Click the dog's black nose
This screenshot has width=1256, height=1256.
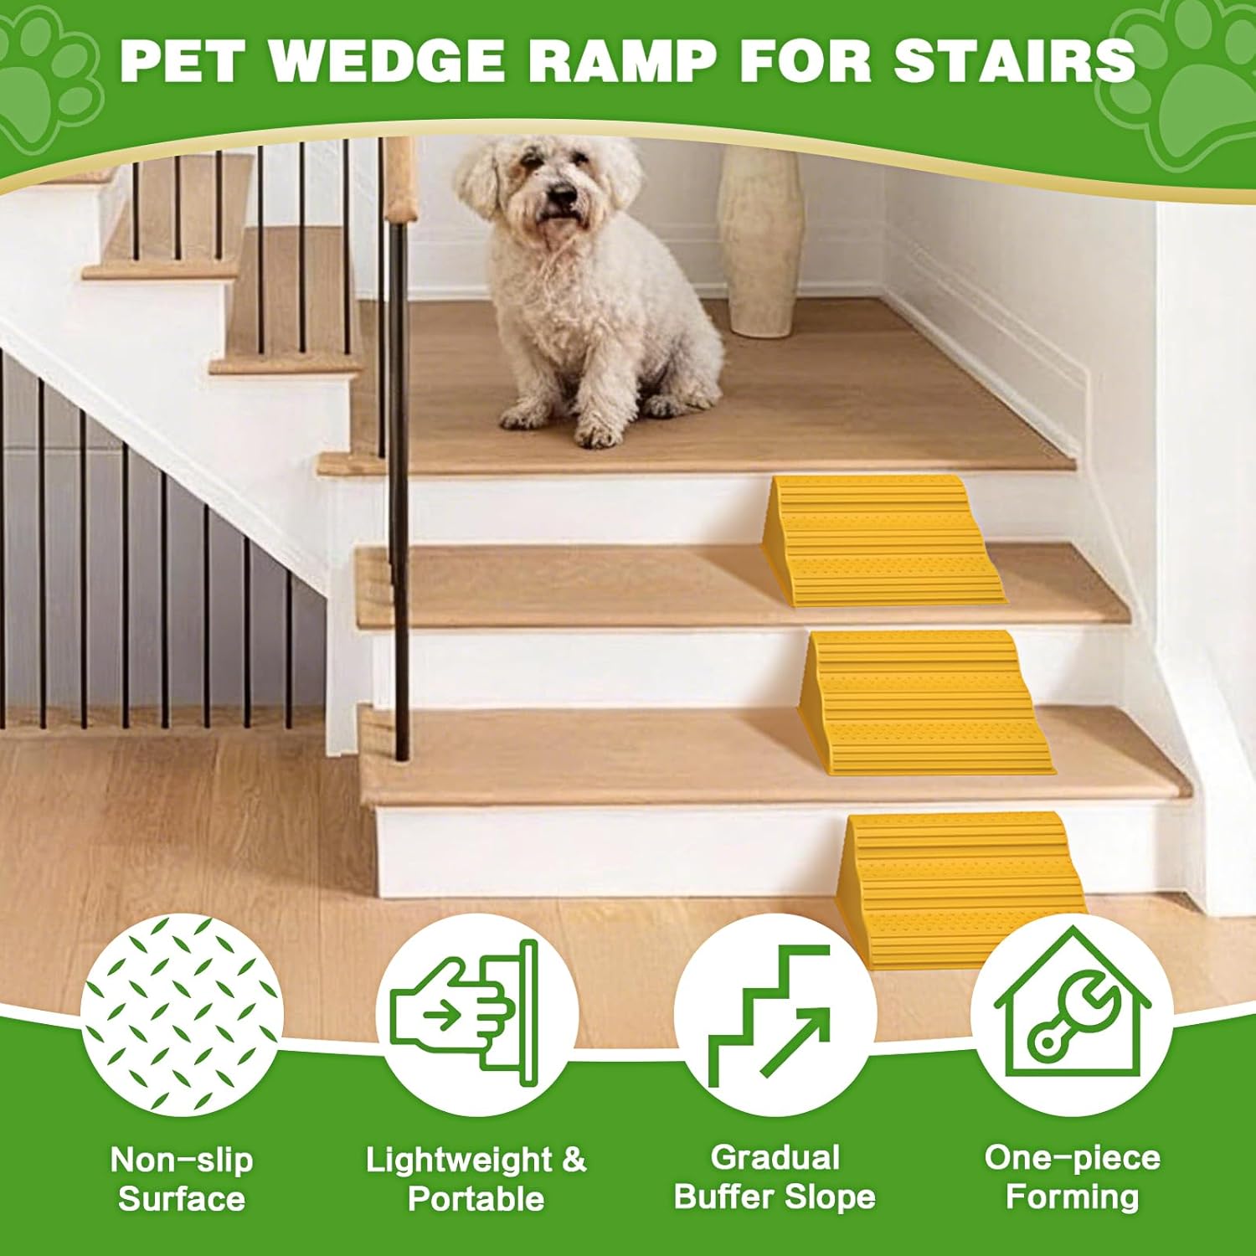(x=562, y=196)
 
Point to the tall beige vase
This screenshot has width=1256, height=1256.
(x=759, y=243)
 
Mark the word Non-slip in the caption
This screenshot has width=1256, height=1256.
(x=182, y=1161)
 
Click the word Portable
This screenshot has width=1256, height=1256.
(x=476, y=1199)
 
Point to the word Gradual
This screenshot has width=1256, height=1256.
(x=775, y=1158)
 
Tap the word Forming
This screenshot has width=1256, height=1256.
(x=1072, y=1197)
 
